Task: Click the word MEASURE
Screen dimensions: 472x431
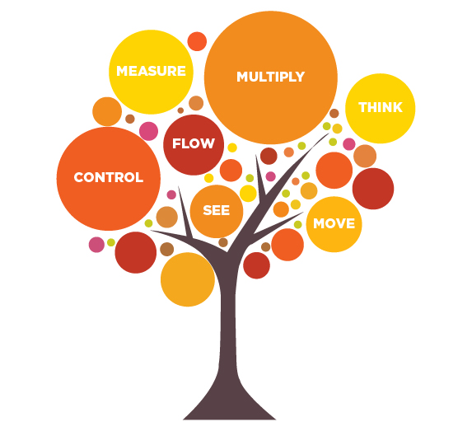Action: [x=151, y=71]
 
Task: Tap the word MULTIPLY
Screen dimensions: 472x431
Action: [x=271, y=77]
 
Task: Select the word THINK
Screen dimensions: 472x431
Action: [x=381, y=107]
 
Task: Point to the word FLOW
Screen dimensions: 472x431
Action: [x=194, y=143]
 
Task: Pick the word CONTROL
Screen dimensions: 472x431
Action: [x=109, y=177]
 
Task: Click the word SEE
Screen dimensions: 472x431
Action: [x=216, y=210]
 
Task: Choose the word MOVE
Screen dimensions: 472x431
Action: [x=334, y=223]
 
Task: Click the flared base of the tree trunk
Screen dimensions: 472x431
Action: [x=229, y=406]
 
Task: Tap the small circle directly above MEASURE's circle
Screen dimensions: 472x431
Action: [x=197, y=41]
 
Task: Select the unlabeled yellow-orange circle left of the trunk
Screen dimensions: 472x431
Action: [x=188, y=279]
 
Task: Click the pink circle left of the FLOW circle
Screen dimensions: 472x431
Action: [x=149, y=131]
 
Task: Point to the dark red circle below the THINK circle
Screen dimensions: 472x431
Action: [x=373, y=189]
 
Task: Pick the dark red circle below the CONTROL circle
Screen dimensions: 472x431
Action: [x=136, y=252]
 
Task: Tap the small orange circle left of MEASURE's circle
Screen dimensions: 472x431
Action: [x=107, y=111]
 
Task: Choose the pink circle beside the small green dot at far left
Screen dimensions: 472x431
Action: [x=96, y=245]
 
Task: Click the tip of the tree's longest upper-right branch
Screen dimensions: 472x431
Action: [x=329, y=134]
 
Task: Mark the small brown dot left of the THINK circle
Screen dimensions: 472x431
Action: [x=334, y=113]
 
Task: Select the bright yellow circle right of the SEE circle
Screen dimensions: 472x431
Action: [x=248, y=194]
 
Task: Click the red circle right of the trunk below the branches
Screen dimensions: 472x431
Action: [x=256, y=265]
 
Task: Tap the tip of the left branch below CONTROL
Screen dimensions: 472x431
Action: [x=151, y=231]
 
